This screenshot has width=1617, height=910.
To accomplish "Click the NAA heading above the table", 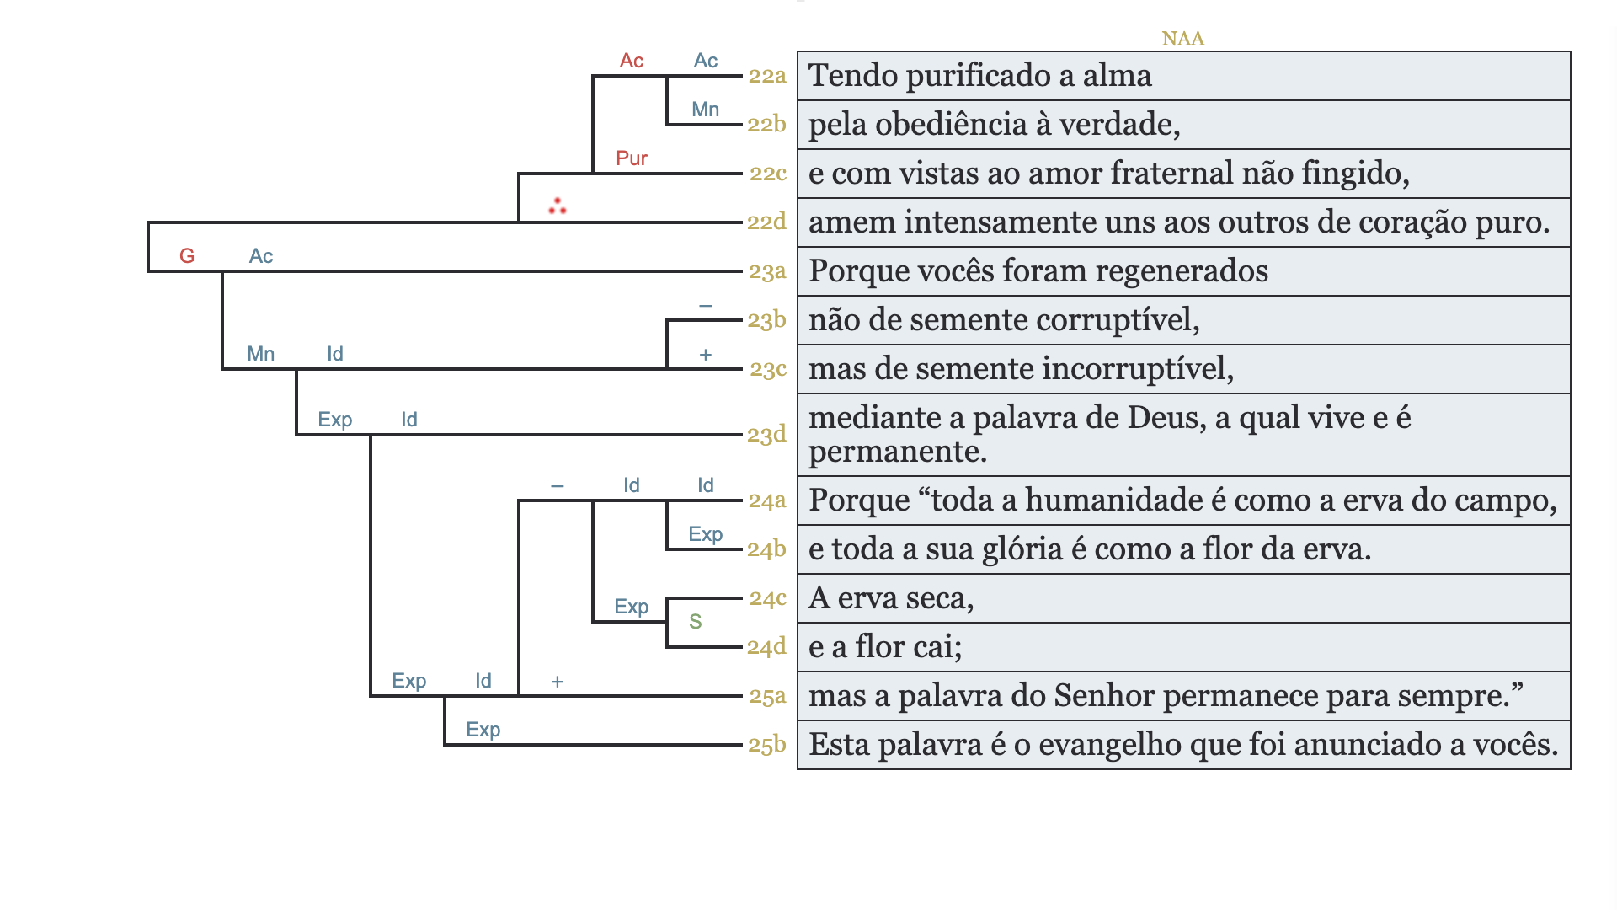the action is [1182, 39].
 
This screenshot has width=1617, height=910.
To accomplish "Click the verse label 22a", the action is [766, 76].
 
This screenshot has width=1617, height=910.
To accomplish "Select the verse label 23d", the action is [766, 435].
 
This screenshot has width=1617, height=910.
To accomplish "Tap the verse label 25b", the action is [766, 745].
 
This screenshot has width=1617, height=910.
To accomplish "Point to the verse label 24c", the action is [767, 598].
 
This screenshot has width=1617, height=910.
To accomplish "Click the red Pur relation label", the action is [632, 158].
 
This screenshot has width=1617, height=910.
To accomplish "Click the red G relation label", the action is [187, 256].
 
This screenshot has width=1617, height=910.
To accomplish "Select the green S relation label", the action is [695, 622].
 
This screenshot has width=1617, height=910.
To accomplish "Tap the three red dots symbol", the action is [557, 206].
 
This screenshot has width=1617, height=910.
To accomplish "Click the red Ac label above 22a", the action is [632, 61].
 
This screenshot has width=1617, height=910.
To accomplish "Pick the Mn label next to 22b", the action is [705, 110].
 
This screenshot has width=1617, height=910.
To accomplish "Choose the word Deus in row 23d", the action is [1166, 418].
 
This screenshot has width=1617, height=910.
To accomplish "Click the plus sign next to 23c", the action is [706, 356].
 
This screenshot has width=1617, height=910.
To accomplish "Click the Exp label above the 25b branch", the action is [483, 730].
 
